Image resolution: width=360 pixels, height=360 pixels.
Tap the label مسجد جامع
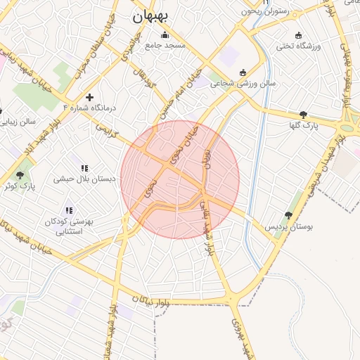click(165, 46)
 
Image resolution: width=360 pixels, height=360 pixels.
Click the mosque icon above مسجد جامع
click(165, 35)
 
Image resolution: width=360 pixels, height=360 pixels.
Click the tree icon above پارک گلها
click(303, 115)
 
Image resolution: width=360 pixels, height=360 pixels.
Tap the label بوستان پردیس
click(288, 227)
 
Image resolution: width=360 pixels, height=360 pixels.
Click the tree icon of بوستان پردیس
click(288, 216)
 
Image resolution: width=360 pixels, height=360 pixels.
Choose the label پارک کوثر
click(19, 186)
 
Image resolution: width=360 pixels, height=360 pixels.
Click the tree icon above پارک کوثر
click(19, 175)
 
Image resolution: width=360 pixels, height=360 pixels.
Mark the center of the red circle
click(180, 180)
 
